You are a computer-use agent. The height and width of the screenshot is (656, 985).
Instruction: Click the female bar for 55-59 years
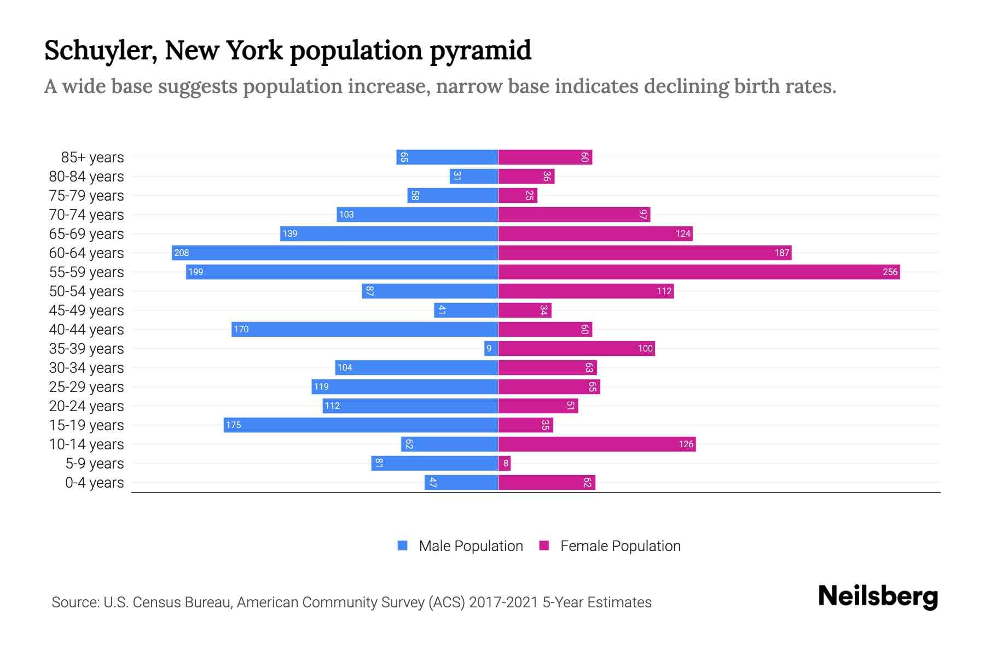[x=699, y=272]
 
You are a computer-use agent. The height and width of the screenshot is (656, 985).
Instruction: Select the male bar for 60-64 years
[x=335, y=253]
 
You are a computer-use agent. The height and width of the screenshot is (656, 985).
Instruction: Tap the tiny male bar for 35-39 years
[x=491, y=348]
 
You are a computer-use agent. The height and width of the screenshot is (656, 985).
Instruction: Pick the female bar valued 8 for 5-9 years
[x=505, y=463]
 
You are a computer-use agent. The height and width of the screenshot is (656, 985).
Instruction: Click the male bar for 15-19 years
[x=361, y=425]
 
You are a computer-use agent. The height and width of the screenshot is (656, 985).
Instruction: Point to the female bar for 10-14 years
[x=596, y=444]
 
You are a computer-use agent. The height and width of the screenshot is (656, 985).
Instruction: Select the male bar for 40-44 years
[x=365, y=329]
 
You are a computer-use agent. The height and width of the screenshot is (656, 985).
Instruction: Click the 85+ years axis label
[x=92, y=157]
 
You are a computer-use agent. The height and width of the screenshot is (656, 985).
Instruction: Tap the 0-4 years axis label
[x=94, y=483]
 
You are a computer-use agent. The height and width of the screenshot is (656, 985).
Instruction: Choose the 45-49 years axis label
[x=86, y=311]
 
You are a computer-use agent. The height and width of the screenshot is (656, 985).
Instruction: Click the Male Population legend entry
[x=460, y=546]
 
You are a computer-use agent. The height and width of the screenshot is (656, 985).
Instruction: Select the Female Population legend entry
[x=610, y=546]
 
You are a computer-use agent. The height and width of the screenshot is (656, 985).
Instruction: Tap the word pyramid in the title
[x=480, y=51]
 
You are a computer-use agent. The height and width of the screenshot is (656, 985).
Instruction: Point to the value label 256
[x=890, y=272]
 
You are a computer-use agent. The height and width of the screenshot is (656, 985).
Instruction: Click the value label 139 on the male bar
[x=289, y=233]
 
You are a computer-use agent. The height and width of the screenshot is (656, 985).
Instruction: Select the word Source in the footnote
[x=75, y=602]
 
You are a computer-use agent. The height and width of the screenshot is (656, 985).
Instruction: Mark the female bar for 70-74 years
[x=574, y=214]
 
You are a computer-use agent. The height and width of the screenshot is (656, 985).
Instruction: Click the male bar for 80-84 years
[x=474, y=176]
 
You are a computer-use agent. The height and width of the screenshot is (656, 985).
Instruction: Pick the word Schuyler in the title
[x=101, y=51]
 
